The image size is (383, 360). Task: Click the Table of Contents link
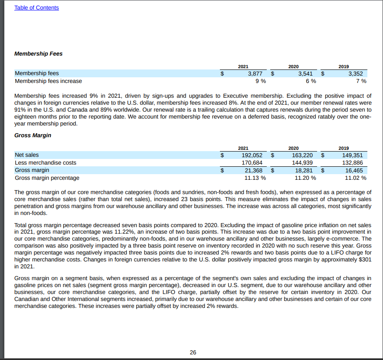36,8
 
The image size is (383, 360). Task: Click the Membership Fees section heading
38,54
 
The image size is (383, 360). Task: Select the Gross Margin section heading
33,135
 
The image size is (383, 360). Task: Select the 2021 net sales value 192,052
252,155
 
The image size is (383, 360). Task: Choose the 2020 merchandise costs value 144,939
302,163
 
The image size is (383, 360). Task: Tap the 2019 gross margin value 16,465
353,170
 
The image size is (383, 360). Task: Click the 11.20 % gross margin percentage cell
305,178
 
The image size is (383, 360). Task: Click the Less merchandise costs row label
46,163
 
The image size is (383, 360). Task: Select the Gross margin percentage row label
47,178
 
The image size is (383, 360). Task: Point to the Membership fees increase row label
48,81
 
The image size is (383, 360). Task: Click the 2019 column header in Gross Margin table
344,148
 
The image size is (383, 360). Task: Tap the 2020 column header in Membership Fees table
293,66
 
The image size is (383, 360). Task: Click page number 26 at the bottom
193,352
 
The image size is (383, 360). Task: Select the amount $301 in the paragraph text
365,260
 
